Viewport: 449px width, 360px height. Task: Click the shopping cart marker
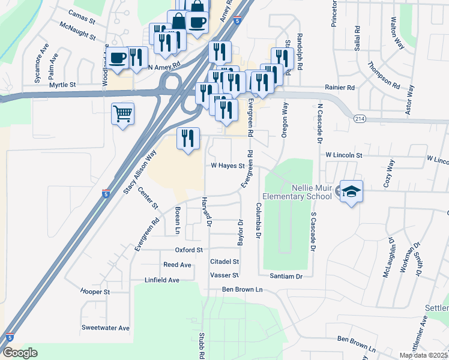122,113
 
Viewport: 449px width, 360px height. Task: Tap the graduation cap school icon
352,191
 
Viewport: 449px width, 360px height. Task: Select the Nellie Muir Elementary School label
297,191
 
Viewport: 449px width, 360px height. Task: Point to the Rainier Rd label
340,88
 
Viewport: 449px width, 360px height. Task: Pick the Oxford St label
189,250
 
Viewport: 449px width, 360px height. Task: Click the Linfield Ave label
162,280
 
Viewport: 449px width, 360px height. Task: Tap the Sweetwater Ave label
106,328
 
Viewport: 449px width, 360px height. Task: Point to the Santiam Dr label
286,276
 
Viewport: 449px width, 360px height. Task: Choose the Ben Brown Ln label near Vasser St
243,289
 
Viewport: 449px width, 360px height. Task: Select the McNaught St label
77,31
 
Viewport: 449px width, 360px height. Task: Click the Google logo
20,353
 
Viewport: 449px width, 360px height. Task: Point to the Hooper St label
95,292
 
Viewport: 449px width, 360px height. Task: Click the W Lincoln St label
344,155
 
